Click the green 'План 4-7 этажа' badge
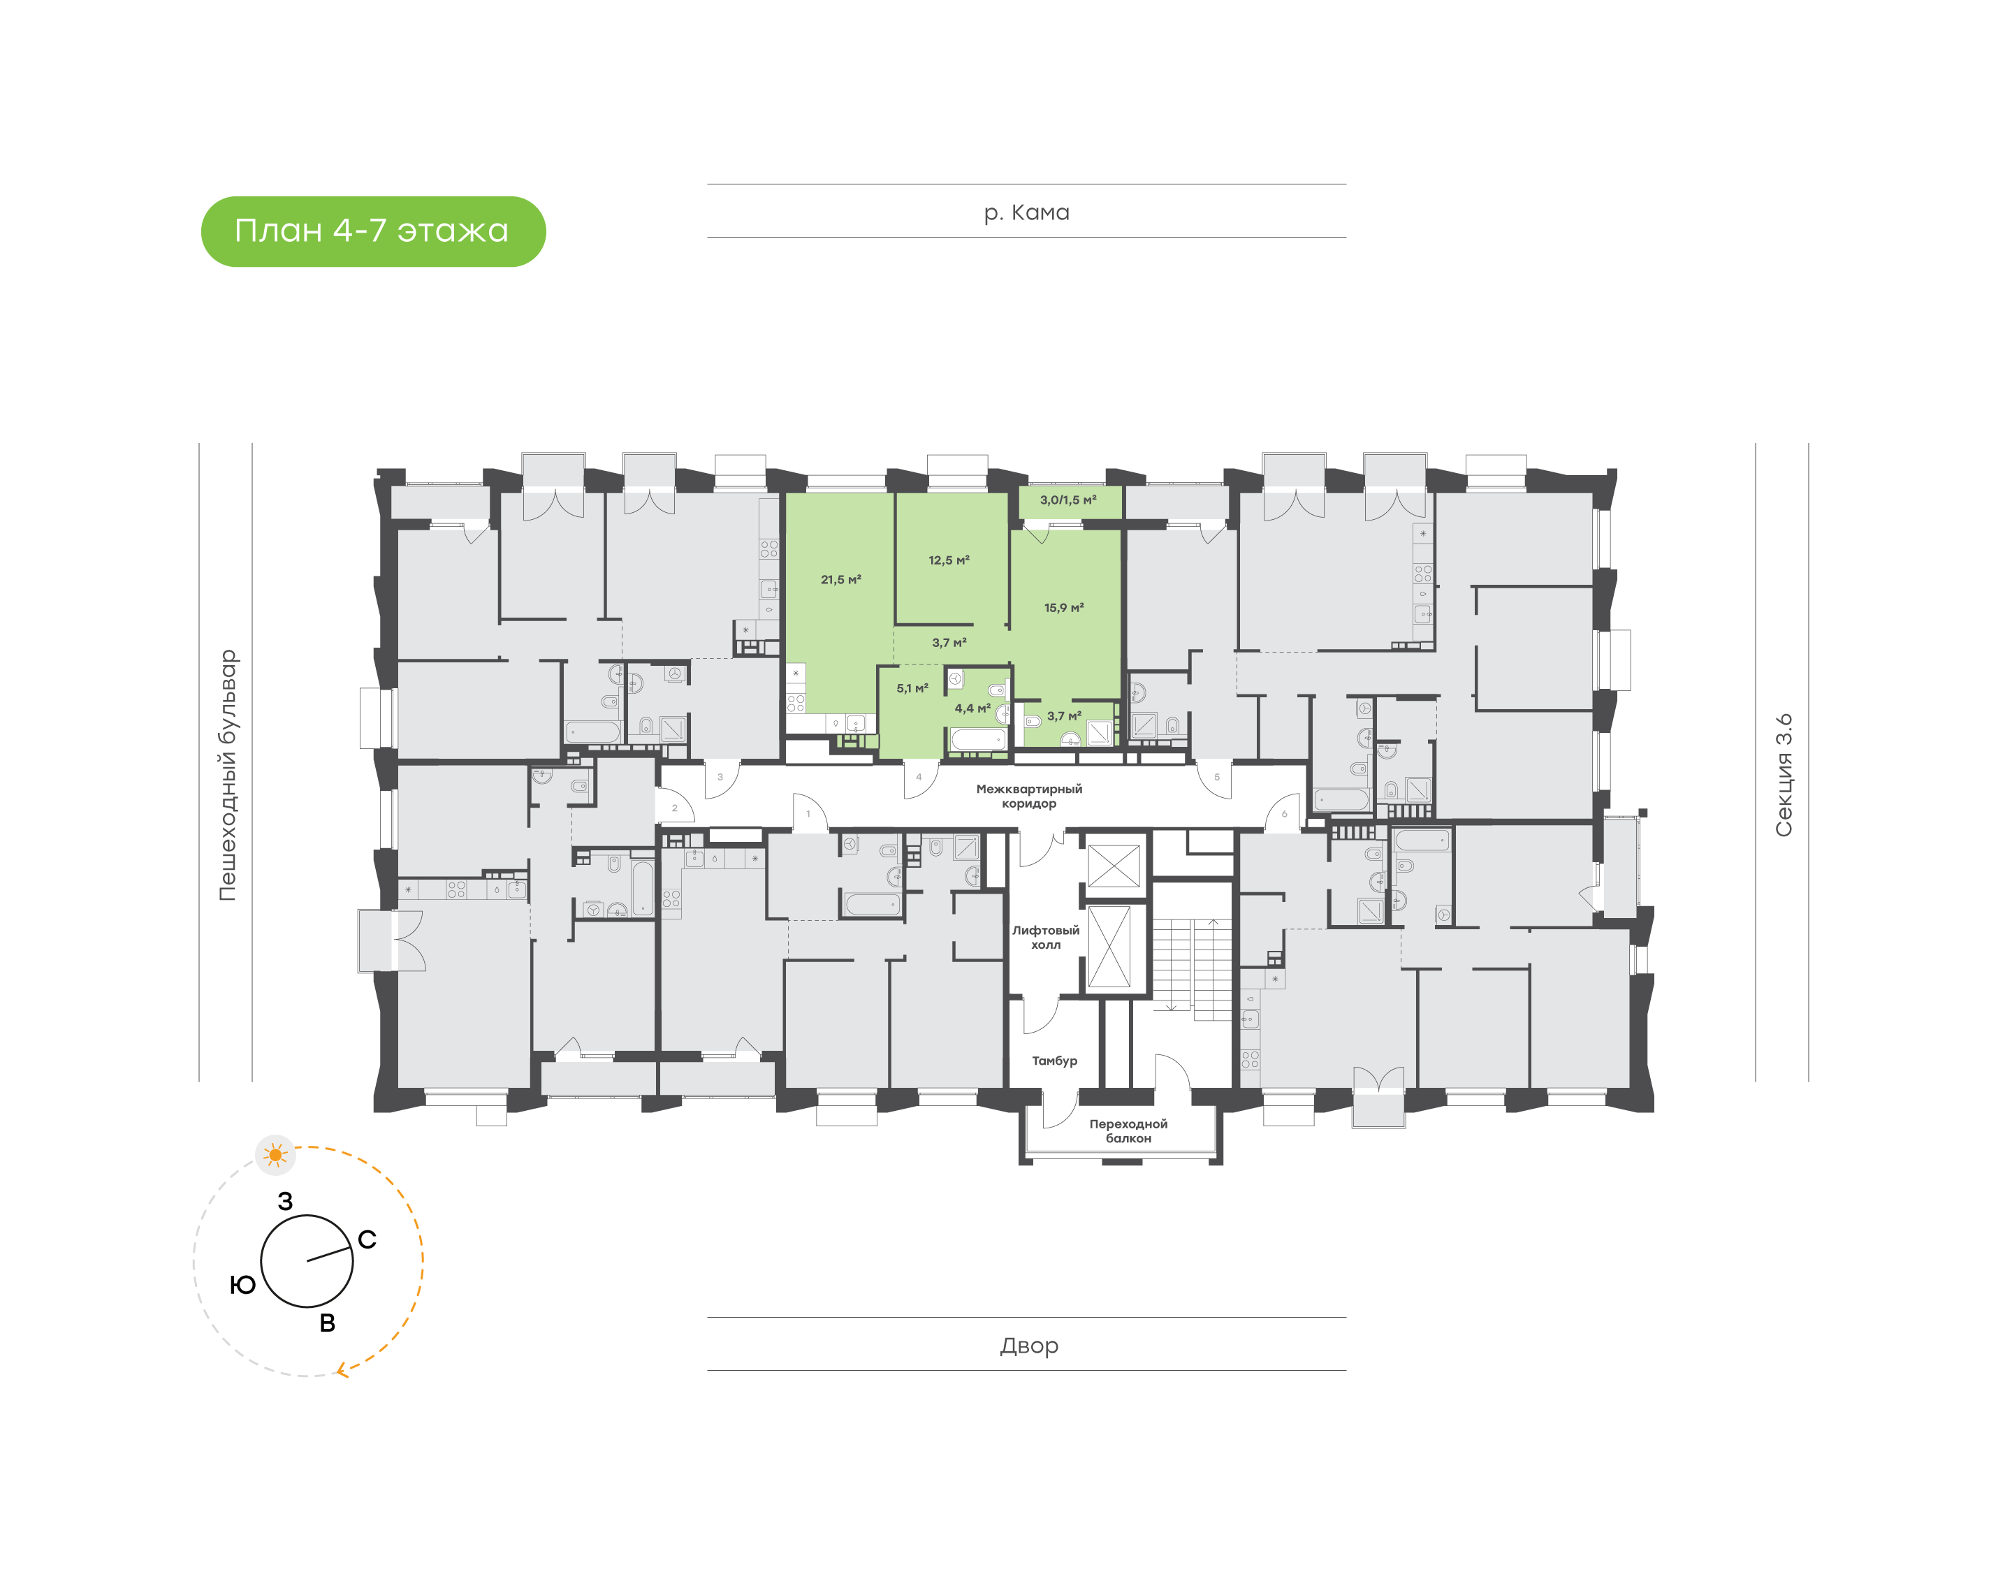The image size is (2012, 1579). click(372, 231)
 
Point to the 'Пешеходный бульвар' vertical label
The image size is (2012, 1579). click(227, 775)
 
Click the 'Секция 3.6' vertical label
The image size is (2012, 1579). click(1783, 775)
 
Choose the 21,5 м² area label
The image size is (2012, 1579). click(840, 580)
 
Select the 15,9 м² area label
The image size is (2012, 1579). click(1064, 607)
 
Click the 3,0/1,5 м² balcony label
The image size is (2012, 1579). click(1067, 500)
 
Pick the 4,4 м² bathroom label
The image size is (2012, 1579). click(972, 708)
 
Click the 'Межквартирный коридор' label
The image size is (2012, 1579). click(1028, 796)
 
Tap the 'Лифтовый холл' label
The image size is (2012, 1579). click(1045, 938)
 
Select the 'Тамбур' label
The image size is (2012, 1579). click(1054, 1061)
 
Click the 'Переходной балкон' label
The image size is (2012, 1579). click(1128, 1130)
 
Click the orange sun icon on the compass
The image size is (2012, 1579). click(275, 1155)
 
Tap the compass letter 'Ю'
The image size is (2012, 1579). click(242, 1285)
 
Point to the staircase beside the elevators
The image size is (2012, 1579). click(1193, 968)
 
